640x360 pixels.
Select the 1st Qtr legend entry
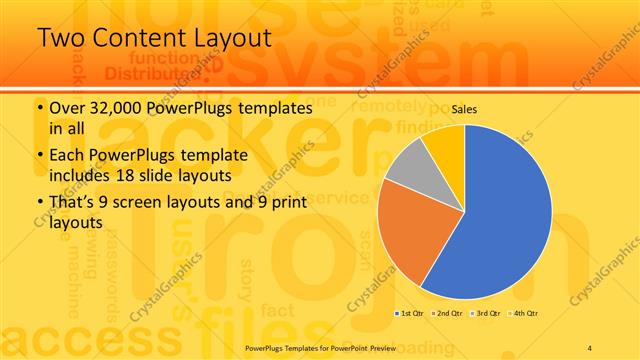click(410, 314)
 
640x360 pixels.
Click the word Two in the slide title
click(60, 38)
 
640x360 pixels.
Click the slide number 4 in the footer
click(590, 346)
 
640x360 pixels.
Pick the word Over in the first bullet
click(66, 107)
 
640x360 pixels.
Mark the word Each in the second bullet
click(67, 155)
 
